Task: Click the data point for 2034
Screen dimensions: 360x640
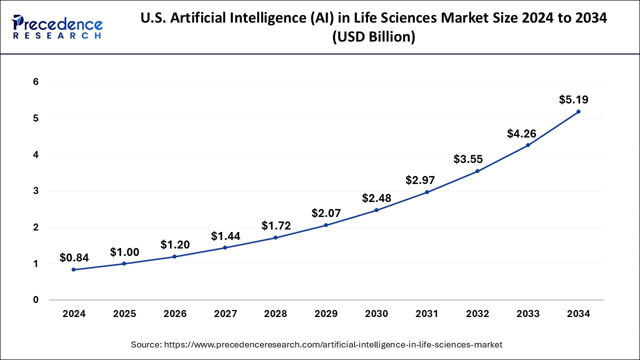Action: (578, 111)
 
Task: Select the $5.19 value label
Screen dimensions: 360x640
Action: (573, 99)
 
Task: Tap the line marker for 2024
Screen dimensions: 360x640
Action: (74, 269)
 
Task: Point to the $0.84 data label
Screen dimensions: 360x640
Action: (74, 258)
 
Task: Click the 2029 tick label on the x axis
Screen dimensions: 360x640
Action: (326, 314)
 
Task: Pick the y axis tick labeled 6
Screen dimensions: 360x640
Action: (36, 82)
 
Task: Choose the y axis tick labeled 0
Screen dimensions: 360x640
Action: (36, 300)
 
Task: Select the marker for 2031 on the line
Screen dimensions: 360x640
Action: (427, 192)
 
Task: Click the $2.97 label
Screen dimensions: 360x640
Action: (420, 180)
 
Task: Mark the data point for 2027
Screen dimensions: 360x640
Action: (225, 247)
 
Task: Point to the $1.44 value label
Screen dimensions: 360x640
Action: (225, 236)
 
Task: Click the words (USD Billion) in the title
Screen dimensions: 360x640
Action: (374, 37)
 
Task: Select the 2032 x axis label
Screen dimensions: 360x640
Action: (477, 314)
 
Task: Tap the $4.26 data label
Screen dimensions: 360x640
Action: (521, 133)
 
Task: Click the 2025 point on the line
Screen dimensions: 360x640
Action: (124, 263)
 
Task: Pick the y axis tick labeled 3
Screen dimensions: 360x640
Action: (36, 191)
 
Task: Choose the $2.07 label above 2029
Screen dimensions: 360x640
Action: (326, 213)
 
